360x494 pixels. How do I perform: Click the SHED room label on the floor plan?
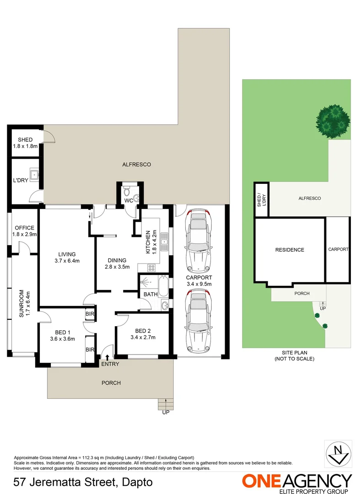(x=25, y=140)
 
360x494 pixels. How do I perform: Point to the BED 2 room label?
(x=143, y=331)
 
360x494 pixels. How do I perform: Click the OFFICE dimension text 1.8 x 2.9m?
(x=25, y=234)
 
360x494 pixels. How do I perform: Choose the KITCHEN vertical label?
(x=148, y=242)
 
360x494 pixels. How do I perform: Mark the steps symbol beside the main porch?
(x=165, y=404)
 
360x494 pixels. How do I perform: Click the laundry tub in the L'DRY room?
(x=34, y=174)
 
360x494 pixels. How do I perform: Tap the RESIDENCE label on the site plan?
(x=290, y=250)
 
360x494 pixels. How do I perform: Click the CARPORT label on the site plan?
(x=338, y=249)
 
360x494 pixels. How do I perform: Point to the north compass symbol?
(x=338, y=454)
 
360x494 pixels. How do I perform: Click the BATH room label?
(x=150, y=295)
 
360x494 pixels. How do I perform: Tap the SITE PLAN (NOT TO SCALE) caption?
(x=295, y=356)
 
